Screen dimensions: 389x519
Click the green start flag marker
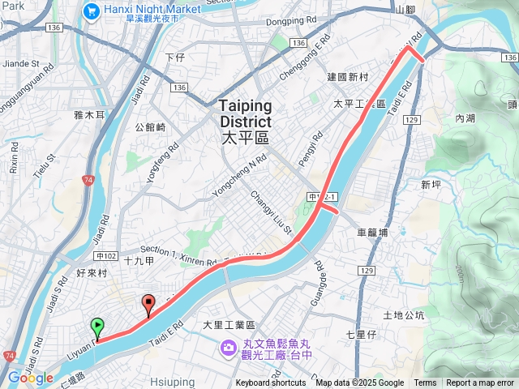click(x=97, y=327)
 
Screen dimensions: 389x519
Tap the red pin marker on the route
click(x=148, y=305)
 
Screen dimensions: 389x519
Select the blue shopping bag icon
click(x=90, y=11)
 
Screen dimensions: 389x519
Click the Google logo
click(x=30, y=378)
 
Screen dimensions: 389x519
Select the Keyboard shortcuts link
click(x=271, y=383)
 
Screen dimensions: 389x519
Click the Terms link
click(x=425, y=383)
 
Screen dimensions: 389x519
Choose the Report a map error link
click(x=481, y=383)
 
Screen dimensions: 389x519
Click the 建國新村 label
click(x=348, y=77)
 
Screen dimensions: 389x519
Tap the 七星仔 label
click(x=361, y=334)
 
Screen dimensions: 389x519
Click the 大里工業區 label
click(x=229, y=324)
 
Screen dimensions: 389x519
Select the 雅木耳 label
click(x=89, y=116)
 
